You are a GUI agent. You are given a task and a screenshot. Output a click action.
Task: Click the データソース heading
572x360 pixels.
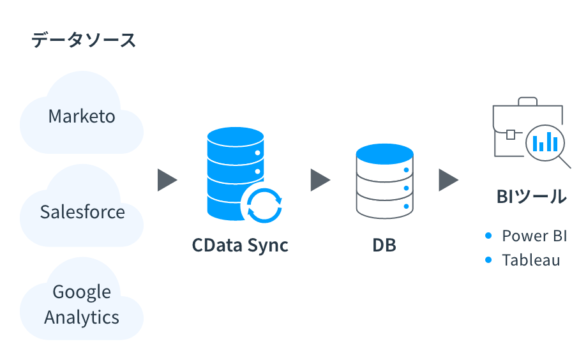coord(84,40)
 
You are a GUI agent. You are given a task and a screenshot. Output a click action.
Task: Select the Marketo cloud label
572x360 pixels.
coord(82,117)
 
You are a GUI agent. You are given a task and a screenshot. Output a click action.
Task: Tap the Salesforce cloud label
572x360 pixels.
coord(82,212)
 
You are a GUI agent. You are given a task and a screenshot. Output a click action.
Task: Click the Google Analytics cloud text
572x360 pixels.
coord(82,304)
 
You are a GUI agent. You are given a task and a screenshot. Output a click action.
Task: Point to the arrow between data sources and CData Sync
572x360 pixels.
coord(167,181)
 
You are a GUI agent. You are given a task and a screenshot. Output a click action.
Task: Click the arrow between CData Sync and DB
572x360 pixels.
coord(319,181)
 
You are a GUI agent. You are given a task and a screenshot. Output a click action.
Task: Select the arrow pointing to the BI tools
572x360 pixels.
coord(448,181)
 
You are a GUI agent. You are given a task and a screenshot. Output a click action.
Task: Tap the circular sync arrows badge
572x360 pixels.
coord(264,206)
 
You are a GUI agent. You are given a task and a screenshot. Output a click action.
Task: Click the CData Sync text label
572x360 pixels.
coord(240,245)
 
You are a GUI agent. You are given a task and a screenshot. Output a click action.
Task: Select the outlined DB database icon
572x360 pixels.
coord(384,182)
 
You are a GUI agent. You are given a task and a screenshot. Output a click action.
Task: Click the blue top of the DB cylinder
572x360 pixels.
coord(384,154)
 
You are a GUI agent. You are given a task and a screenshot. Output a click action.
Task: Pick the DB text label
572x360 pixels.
coord(384,245)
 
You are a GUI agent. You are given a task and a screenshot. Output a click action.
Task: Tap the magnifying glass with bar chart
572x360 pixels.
coord(546,143)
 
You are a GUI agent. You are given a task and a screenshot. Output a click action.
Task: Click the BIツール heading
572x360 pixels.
coord(531,197)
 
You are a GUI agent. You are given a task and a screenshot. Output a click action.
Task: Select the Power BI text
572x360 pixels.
coord(534,236)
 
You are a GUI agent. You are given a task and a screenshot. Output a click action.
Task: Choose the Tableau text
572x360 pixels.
coord(531,260)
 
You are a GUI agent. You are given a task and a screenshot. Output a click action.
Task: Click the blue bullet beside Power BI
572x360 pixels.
coord(488,236)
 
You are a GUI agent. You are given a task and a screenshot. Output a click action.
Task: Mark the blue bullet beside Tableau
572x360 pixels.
coord(488,260)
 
